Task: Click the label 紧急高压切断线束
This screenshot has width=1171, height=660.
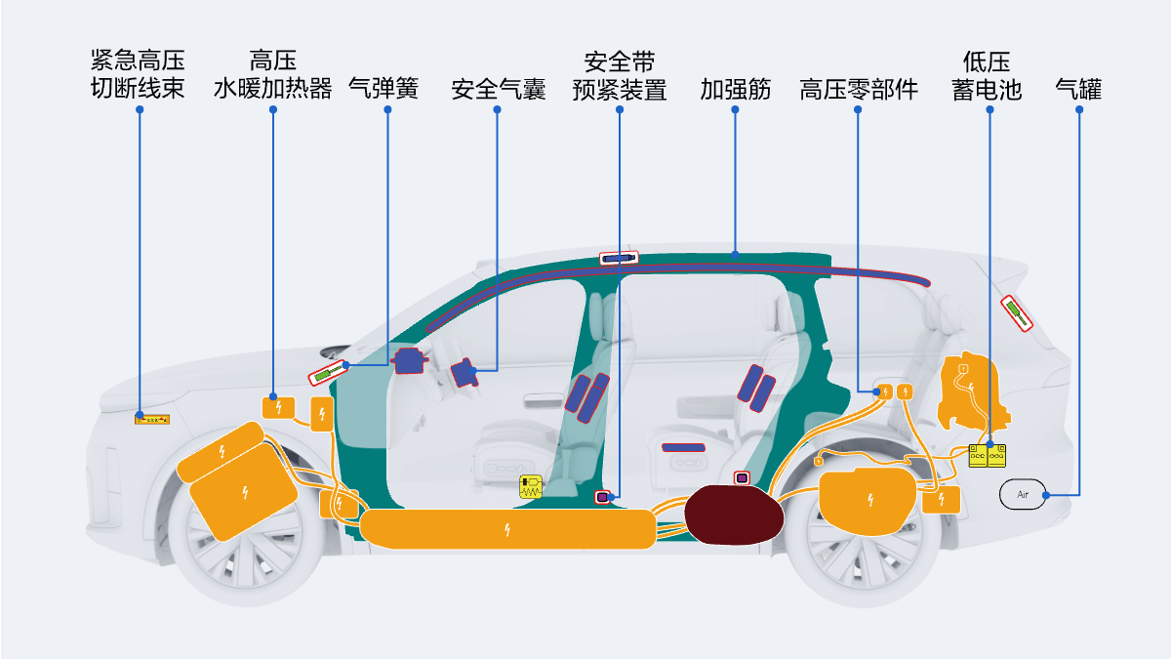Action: point(138,74)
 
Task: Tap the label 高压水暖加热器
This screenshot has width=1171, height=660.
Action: point(273,74)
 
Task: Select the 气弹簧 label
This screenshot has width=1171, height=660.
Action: point(384,88)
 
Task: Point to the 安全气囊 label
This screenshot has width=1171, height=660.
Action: point(499,89)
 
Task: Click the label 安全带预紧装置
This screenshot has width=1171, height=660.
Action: point(620,76)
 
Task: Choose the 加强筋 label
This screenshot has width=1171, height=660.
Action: point(735,89)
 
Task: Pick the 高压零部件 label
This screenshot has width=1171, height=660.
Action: point(859,89)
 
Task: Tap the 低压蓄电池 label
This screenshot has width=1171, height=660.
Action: point(987,76)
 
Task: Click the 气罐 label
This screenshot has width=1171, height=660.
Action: point(1078,89)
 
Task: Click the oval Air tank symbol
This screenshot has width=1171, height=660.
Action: point(1023,494)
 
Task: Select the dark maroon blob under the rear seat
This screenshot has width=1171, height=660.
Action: point(734,515)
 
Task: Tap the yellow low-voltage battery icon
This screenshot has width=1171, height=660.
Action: point(987,456)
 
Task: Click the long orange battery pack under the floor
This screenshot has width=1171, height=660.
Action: point(507,529)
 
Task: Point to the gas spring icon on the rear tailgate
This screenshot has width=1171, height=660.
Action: point(1017,313)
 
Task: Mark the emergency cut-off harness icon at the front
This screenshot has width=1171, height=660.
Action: point(152,420)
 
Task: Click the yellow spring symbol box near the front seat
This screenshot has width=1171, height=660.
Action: point(531,486)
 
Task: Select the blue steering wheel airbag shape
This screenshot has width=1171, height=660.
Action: point(409,361)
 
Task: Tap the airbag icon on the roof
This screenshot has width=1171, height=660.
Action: point(619,258)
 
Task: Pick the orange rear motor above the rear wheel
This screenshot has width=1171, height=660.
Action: point(867,501)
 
